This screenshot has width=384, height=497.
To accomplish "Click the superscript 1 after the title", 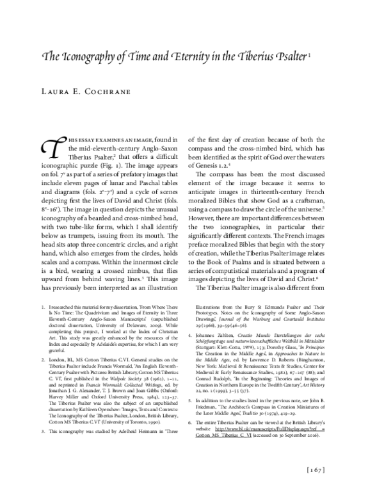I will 310,56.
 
